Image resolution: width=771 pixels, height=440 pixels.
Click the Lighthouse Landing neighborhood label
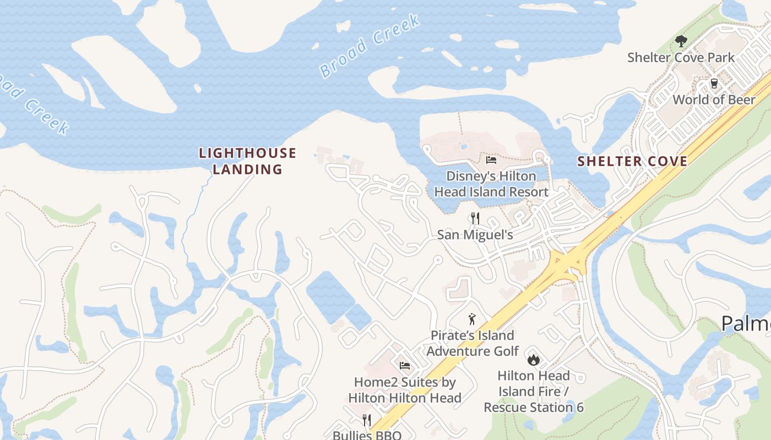coord(248,161)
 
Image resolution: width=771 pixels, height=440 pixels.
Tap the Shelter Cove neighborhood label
coord(632,161)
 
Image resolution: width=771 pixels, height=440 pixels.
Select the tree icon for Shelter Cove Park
coord(681,41)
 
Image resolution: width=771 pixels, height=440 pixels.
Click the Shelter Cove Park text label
coord(681,57)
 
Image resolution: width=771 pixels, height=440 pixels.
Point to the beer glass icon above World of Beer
coord(714,84)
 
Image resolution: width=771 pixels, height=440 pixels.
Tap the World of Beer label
coord(714,100)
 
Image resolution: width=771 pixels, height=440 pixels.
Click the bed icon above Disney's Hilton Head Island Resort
coord(491,160)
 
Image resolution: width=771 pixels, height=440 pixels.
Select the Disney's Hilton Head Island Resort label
coord(491,184)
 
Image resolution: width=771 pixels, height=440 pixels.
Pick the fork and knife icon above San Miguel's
coord(475,218)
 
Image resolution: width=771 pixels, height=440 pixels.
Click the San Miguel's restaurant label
coord(475,235)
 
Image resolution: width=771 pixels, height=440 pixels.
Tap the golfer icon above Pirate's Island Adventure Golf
coord(472,319)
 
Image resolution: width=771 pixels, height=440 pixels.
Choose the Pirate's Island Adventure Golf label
coord(473,343)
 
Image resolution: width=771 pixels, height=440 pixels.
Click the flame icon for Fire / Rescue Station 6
coord(533,360)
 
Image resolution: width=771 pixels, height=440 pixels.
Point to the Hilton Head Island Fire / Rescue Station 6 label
coord(533,392)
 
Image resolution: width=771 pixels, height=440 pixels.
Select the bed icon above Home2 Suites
coord(405,366)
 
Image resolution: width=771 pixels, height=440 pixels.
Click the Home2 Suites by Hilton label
coord(405,390)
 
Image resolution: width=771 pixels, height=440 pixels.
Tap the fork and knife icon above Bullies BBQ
coord(367,420)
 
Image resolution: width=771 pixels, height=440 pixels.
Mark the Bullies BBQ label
coord(367,435)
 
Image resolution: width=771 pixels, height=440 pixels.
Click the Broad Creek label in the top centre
coord(370,46)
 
